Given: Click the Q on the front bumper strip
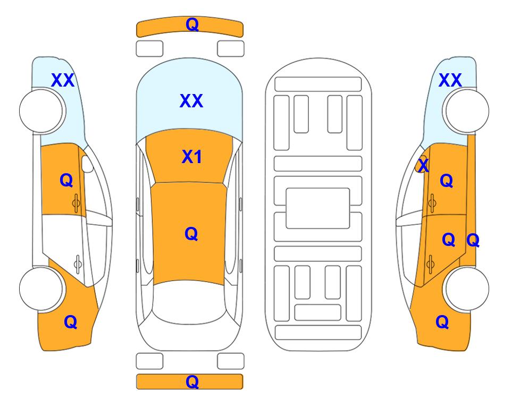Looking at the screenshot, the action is (192, 24).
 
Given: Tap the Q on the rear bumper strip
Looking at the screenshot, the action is (192, 381).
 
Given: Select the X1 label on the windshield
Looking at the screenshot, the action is (192, 157).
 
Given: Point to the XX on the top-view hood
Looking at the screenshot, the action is (191, 100).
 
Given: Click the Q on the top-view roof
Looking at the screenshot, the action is (191, 234).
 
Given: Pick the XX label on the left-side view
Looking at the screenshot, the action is (63, 80).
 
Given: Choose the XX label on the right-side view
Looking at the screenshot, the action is (450, 80).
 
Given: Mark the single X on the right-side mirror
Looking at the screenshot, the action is (423, 165).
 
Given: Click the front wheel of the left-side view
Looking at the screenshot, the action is (41, 111).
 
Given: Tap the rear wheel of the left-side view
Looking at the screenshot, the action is (41, 288).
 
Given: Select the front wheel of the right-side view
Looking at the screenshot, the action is (467, 111).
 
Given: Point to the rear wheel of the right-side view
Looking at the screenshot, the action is (467, 288).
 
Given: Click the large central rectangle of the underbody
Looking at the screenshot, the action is (318, 208).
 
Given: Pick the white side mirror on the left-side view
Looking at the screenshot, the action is (87, 164).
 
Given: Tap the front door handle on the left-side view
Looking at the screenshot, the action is (77, 203).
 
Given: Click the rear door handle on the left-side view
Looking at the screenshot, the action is (78, 264).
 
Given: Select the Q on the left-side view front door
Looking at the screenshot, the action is (66, 180).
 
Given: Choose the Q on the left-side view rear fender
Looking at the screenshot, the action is (71, 322).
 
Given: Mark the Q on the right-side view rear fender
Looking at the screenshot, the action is (442, 322).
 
